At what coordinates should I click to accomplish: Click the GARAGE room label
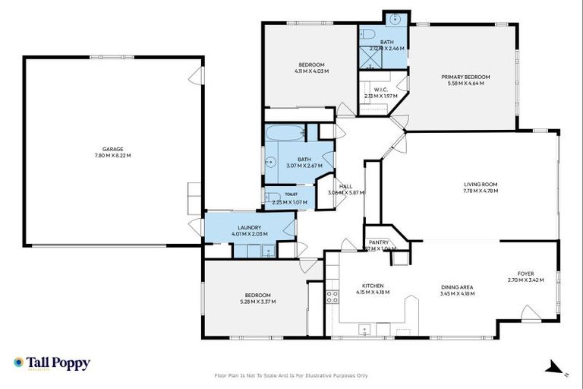tap(113, 149)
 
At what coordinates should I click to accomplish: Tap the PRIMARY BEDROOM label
tap(466, 77)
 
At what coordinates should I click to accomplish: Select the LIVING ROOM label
tap(480, 184)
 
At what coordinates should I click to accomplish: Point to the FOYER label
tap(525, 274)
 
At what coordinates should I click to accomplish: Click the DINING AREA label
tap(457, 286)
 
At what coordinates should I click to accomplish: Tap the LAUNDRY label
tap(249, 227)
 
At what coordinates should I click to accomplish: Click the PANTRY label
tap(379, 242)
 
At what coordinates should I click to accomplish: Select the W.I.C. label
tap(381, 90)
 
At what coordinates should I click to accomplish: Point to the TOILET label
tap(291, 194)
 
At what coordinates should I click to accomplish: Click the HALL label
tap(345, 186)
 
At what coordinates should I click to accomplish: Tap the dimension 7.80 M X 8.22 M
tap(113, 156)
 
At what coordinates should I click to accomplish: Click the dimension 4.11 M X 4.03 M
tap(311, 71)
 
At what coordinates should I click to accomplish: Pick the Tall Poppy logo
tap(52, 363)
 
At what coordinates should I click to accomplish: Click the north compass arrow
tap(547, 369)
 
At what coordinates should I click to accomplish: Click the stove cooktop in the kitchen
tap(332, 296)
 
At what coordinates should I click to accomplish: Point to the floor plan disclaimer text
tap(291, 375)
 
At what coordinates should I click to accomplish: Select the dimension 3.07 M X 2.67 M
tap(304, 166)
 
